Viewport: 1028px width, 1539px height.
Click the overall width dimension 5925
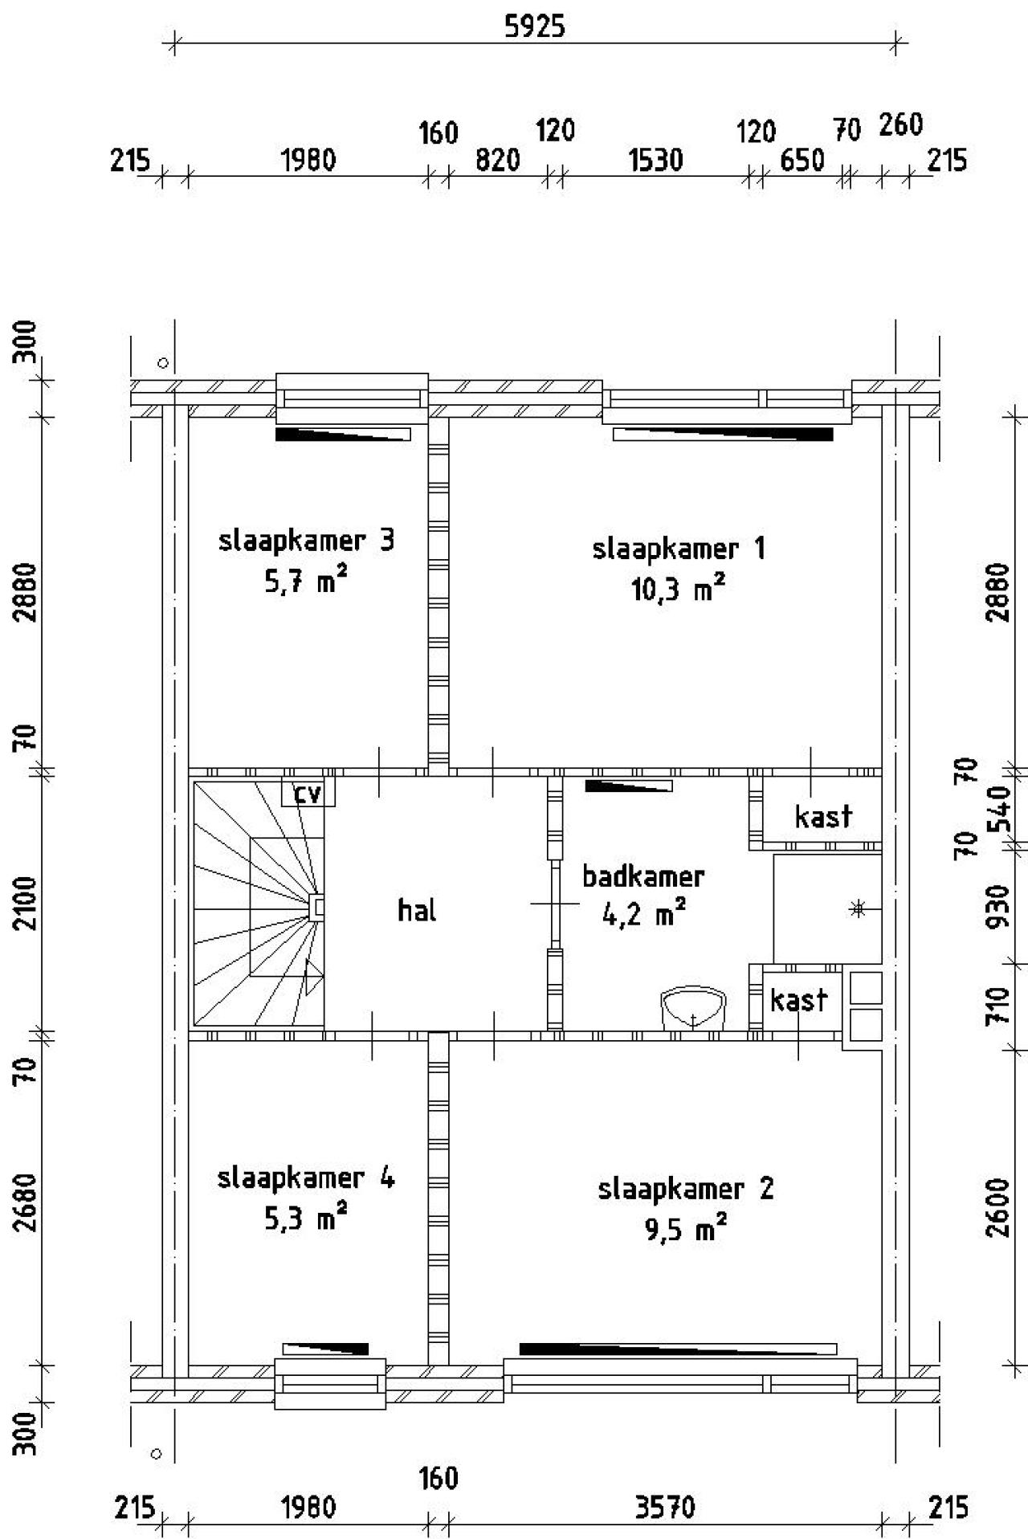click(534, 27)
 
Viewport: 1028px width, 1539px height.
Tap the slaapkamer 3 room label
click(307, 541)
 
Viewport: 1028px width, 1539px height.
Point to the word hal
click(418, 910)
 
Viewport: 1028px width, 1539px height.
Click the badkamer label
click(643, 876)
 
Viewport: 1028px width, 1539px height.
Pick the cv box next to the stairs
click(308, 793)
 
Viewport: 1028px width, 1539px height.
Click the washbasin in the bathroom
click(693, 1008)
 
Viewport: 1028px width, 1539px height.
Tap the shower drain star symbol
click(858, 909)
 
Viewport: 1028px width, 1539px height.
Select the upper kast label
click(823, 817)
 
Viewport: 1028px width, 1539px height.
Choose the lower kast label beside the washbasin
click(798, 1000)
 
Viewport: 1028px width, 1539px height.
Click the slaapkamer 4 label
click(306, 1178)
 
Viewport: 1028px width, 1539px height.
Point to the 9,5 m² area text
click(686, 1228)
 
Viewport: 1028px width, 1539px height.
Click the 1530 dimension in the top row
click(656, 161)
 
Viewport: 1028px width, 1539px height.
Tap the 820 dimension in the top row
click(498, 161)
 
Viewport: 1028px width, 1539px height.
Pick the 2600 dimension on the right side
click(997, 1207)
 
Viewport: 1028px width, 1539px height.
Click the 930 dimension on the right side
click(997, 905)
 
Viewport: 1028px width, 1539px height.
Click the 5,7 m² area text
click(306, 581)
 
